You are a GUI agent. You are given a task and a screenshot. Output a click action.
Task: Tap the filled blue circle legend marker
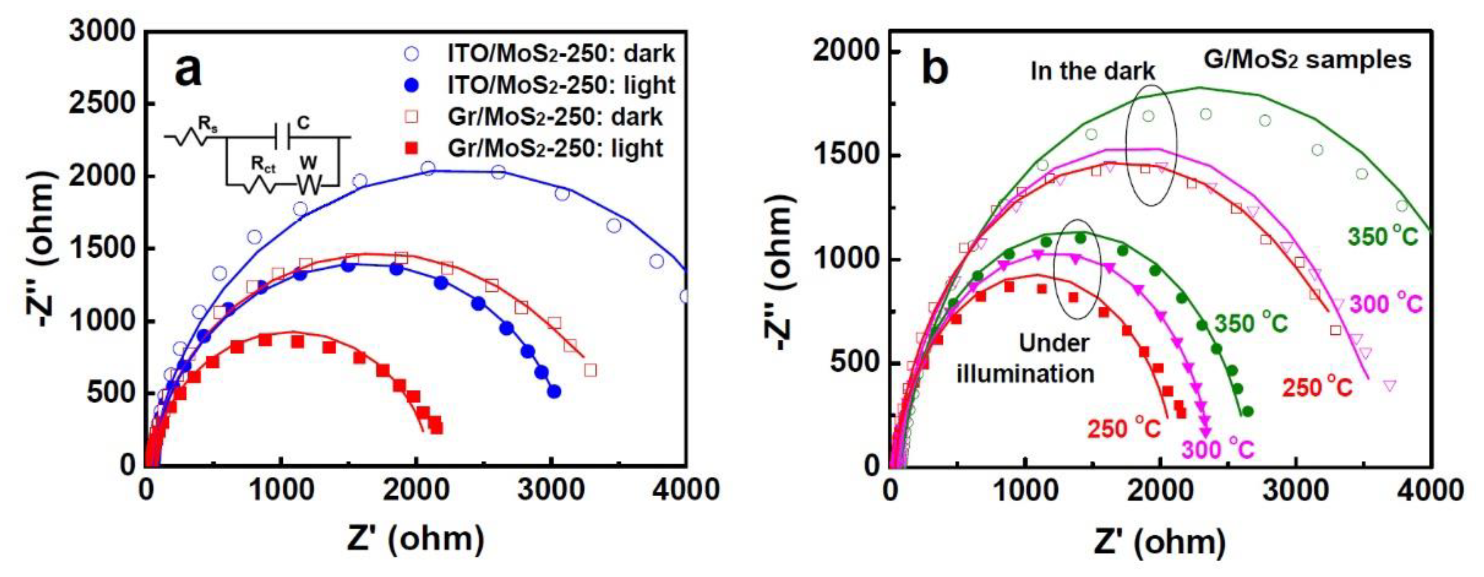coord(412,85)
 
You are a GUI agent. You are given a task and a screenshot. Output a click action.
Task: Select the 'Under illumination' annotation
coord(1025,359)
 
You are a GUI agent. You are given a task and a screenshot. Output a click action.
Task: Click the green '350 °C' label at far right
coord(1383,237)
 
